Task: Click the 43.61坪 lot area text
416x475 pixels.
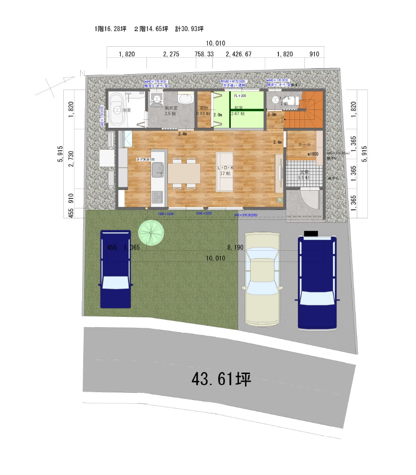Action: [221, 380]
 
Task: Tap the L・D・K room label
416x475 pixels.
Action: [225, 168]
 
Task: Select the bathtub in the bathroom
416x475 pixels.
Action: [117, 109]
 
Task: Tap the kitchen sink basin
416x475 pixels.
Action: [157, 172]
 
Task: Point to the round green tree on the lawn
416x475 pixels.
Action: [151, 232]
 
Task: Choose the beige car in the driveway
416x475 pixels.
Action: [261, 279]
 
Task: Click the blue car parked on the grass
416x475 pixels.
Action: [116, 269]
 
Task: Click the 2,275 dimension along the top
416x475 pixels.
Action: [171, 54]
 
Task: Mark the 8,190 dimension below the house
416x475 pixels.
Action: [235, 247]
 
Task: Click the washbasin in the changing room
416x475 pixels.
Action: [185, 99]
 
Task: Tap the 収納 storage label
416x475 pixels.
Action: [204, 107]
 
